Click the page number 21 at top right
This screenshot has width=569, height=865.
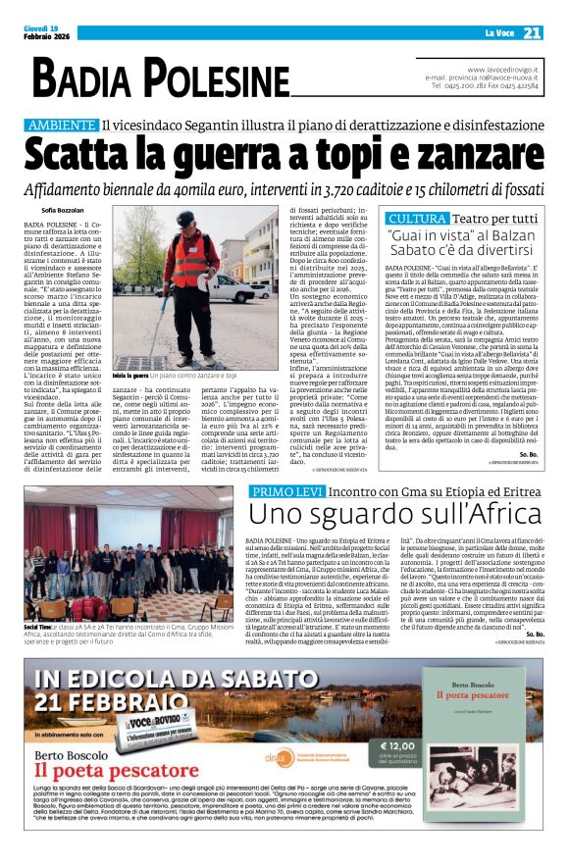tap(532, 33)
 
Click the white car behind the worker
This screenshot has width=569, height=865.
tap(257, 290)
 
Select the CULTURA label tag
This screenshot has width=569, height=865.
tap(417, 218)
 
